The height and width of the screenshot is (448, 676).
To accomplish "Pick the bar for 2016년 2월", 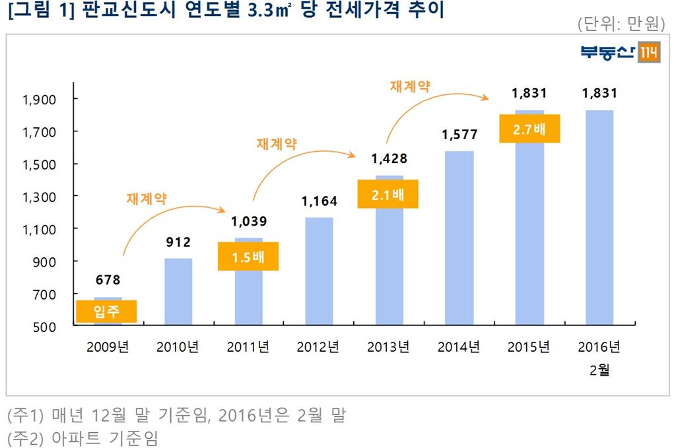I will (x=599, y=217).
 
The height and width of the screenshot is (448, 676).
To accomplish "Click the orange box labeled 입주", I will (x=106, y=311).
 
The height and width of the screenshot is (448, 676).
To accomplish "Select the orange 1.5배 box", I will (x=248, y=257).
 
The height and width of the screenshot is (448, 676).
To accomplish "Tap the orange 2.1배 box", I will (x=388, y=194).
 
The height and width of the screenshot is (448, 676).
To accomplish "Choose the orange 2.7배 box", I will (x=529, y=129).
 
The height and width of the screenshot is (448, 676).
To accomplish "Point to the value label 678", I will (x=108, y=280).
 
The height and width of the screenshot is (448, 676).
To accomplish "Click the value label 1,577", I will (x=459, y=135).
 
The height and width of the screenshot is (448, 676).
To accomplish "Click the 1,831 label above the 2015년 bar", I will (x=529, y=94).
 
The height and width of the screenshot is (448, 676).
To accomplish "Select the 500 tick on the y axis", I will (x=46, y=326).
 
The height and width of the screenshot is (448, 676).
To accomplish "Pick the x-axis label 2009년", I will (x=108, y=348).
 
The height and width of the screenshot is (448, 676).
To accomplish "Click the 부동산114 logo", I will (x=620, y=53).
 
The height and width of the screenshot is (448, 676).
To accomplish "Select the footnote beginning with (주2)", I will (x=83, y=438).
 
